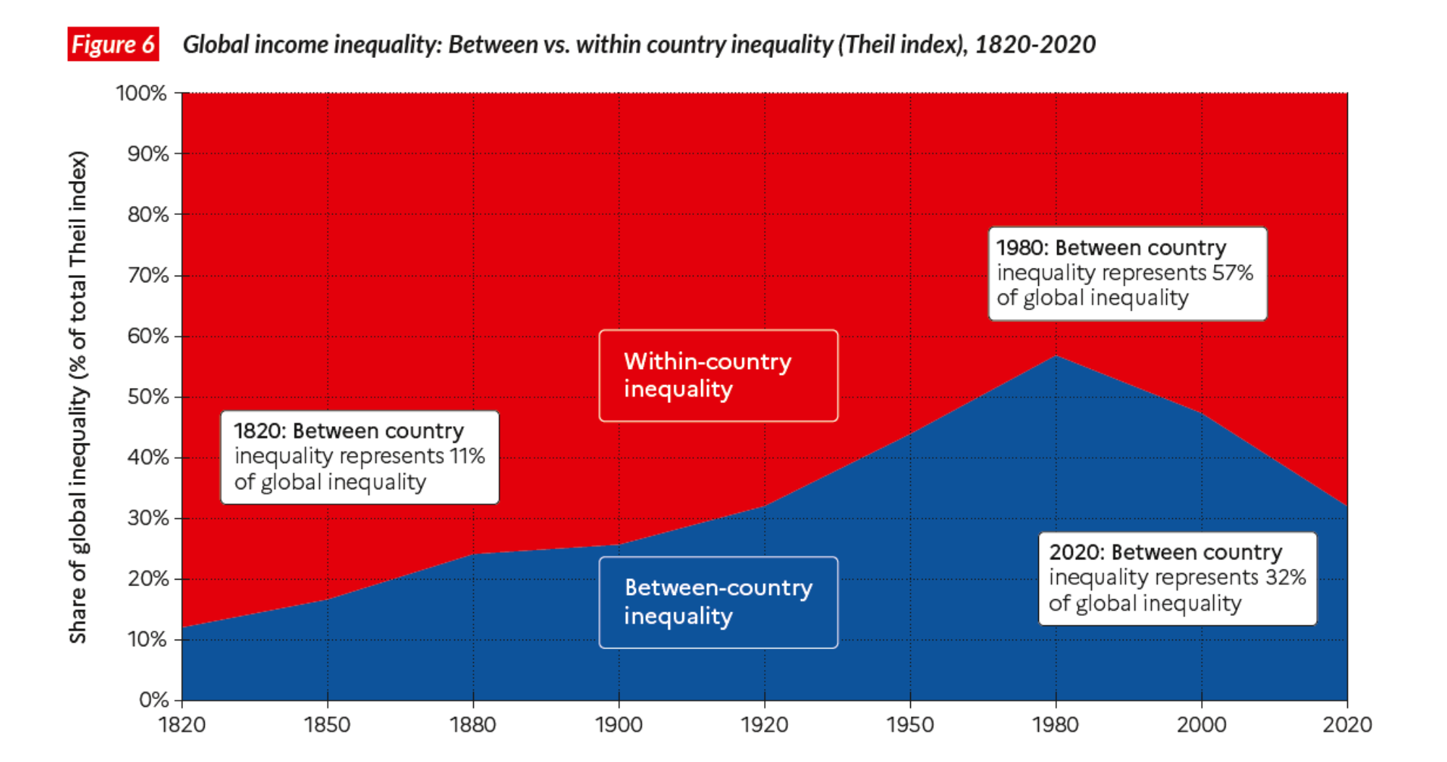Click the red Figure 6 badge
(x=113, y=44)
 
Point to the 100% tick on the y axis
(x=142, y=93)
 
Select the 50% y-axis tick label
(x=148, y=397)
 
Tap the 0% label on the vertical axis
(x=153, y=700)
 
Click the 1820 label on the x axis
(x=182, y=724)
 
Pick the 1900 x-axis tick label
(x=619, y=724)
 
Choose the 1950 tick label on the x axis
(x=910, y=724)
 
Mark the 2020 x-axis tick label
(x=1347, y=724)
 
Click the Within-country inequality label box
(x=718, y=376)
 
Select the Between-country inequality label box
(x=718, y=602)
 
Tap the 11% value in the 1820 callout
(x=467, y=457)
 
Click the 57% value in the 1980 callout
(x=1234, y=273)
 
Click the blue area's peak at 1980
(x=1056, y=356)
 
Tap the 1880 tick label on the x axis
(x=473, y=724)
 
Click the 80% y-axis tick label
(x=148, y=215)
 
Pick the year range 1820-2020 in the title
(x=1035, y=45)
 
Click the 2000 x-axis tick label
(x=1202, y=724)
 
